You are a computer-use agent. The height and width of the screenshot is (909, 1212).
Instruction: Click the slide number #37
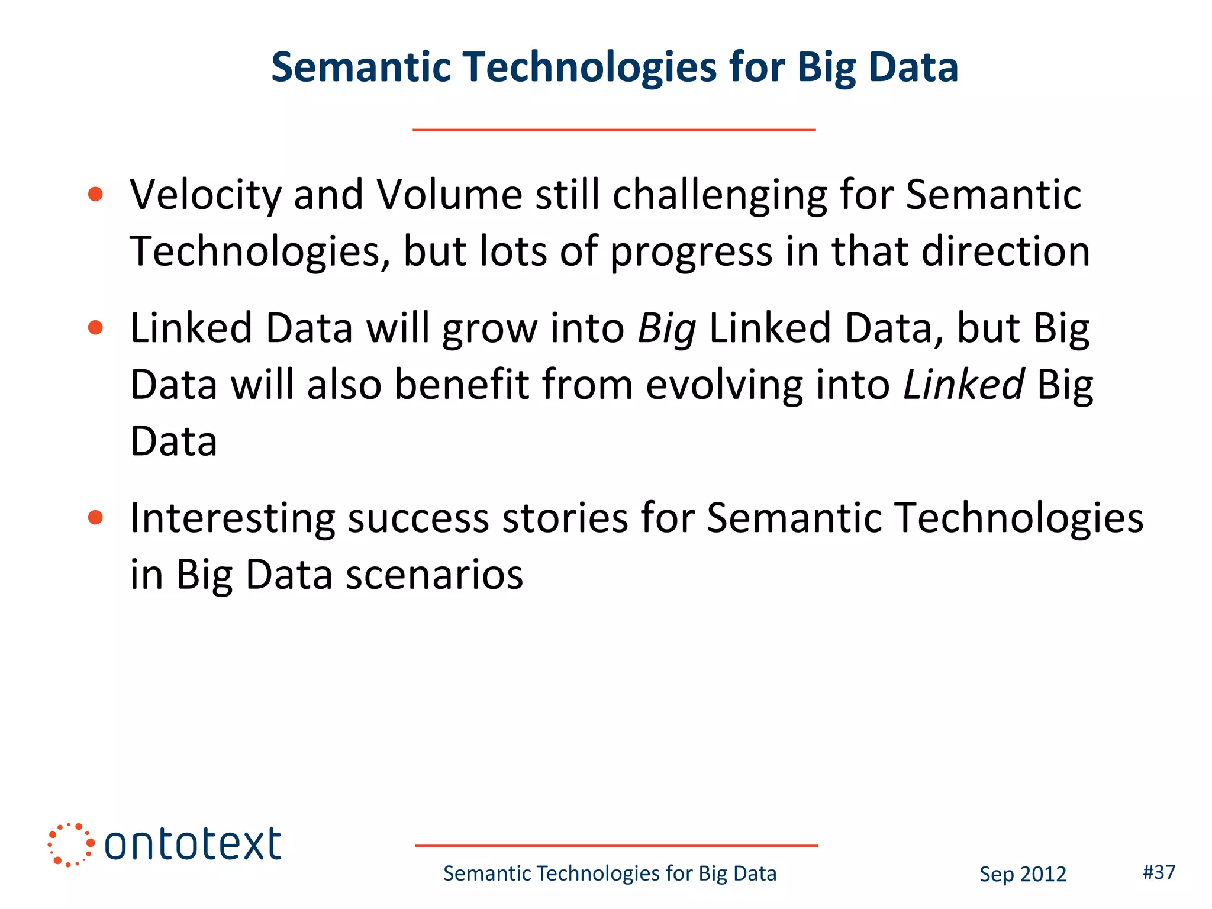click(1159, 872)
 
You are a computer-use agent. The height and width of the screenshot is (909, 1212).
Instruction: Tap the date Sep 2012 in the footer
click(1023, 874)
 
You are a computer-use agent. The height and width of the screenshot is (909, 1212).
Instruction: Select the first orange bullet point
click(95, 194)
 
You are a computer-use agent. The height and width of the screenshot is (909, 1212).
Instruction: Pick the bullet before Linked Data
click(95, 327)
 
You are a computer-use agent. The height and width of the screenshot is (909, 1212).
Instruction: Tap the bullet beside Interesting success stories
click(95, 518)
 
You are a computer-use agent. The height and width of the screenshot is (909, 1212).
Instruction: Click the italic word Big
click(666, 329)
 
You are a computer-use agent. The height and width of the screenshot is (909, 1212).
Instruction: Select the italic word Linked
click(963, 385)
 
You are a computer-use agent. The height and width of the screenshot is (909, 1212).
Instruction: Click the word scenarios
click(434, 575)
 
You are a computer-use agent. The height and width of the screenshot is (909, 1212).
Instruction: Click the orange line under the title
click(614, 130)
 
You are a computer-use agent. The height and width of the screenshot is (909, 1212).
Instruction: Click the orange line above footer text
click(616, 846)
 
